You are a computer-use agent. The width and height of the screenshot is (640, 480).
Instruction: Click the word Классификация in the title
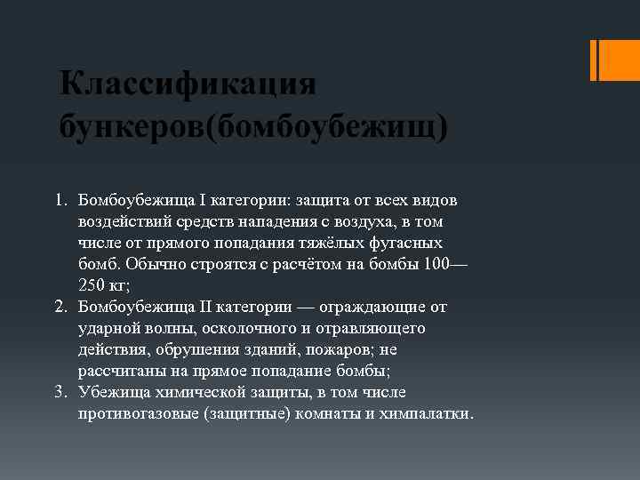pos(188,85)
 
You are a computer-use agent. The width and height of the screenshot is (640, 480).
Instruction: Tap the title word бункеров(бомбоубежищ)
pos(254,126)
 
